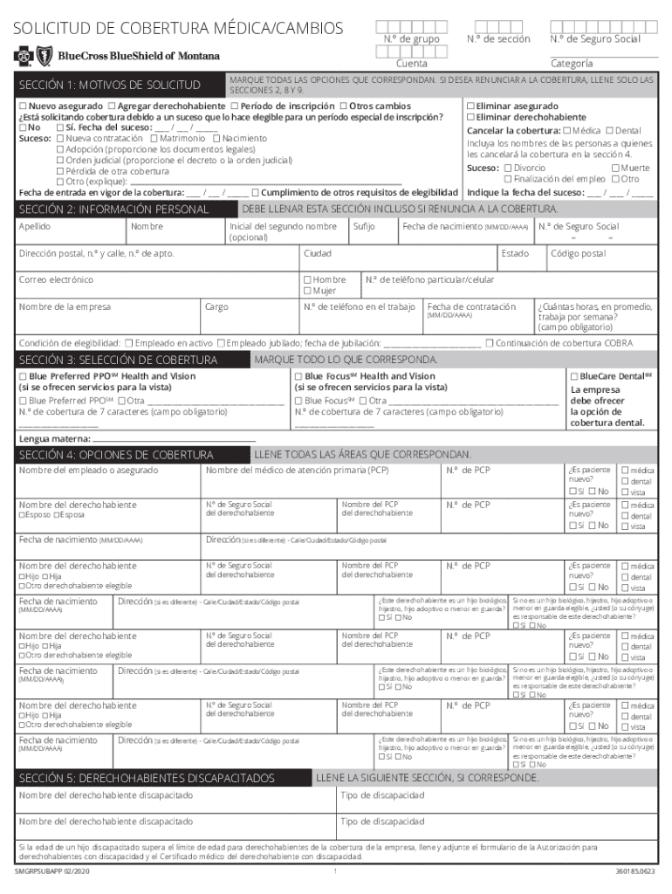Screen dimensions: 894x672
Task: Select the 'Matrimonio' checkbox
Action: pos(154,138)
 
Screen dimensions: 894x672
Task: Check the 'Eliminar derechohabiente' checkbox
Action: pos(471,117)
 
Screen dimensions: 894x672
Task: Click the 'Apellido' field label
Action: pos(35,227)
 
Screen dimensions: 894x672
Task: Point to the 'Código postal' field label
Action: pos(577,254)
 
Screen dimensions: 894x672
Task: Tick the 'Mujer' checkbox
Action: pos(307,291)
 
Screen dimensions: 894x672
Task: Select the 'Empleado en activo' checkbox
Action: pos(129,343)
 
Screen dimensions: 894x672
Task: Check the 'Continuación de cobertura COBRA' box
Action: pos(490,343)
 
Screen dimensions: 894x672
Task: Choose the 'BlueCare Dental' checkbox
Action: pos(574,376)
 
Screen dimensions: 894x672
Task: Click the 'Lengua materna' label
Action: pos(54,438)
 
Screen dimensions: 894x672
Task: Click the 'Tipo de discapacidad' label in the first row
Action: pos(381,796)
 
